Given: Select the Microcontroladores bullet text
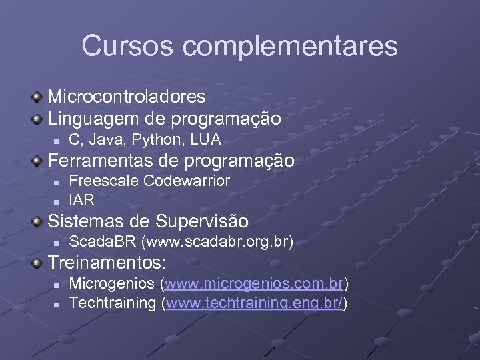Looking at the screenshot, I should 127,97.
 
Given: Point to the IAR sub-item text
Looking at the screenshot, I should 82,199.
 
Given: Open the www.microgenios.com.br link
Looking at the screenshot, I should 255,284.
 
